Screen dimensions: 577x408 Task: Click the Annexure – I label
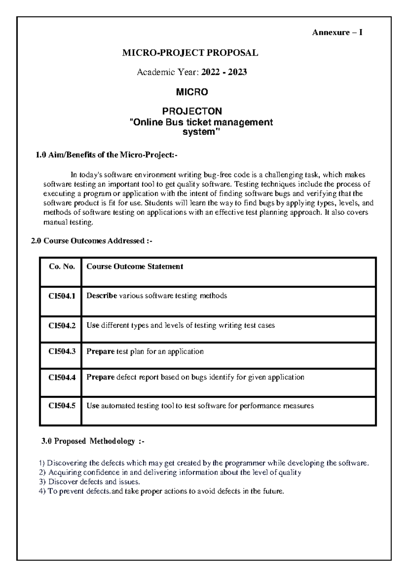tap(337, 33)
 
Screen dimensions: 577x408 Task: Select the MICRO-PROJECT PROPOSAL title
tap(190, 53)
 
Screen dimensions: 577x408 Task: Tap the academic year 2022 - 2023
tap(224, 72)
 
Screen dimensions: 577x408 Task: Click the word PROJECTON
tap(192, 111)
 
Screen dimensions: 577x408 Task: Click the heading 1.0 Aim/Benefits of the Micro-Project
tap(106, 155)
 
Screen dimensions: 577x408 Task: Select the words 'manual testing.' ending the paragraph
tap(68, 222)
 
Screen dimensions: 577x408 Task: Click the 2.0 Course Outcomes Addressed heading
tap(91, 241)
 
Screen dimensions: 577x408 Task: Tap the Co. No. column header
tap(62, 267)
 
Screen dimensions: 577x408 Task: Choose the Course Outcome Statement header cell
tap(135, 267)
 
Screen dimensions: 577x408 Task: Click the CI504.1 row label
tap(62, 296)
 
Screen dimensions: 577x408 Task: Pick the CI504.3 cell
tap(62, 351)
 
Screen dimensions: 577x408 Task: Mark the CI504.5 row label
tap(62, 406)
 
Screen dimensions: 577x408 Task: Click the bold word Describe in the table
tap(101, 296)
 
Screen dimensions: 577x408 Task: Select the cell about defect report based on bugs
tap(195, 377)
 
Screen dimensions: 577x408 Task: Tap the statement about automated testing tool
tap(200, 406)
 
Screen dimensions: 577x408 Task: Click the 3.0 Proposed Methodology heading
tap(92, 441)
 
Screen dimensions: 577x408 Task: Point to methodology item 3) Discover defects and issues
tap(89, 482)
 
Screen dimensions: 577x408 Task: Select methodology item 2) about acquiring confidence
tap(170, 472)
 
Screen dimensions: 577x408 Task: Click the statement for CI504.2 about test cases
tap(181, 326)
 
